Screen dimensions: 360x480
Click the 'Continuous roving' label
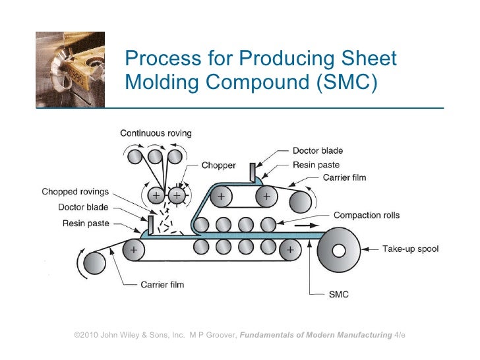click(x=156, y=133)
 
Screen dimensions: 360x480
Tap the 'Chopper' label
click(x=218, y=166)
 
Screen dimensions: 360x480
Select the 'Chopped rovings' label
click(x=75, y=193)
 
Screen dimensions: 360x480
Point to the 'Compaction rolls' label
click(x=367, y=215)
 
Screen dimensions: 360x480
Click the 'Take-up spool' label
click(x=410, y=249)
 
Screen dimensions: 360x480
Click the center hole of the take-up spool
click(x=340, y=251)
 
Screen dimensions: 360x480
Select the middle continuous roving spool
click(x=155, y=157)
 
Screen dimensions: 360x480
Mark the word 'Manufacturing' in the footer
click(x=359, y=336)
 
